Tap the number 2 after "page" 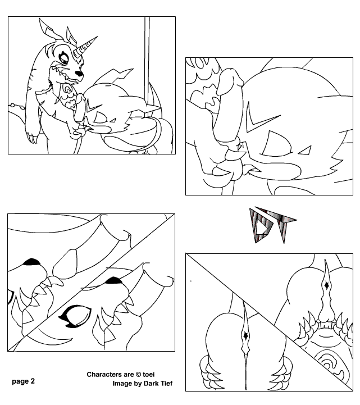click(33, 381)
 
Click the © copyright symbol click(138, 374)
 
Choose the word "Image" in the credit click(122, 384)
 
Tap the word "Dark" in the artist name click(151, 383)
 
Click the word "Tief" click(166, 383)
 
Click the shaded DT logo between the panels click(272, 225)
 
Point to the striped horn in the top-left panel click(85, 47)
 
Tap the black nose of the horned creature click(80, 73)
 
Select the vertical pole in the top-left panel click(147, 60)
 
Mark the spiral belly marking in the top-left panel click(68, 90)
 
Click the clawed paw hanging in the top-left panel click(31, 135)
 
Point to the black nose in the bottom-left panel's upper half click(32, 262)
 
